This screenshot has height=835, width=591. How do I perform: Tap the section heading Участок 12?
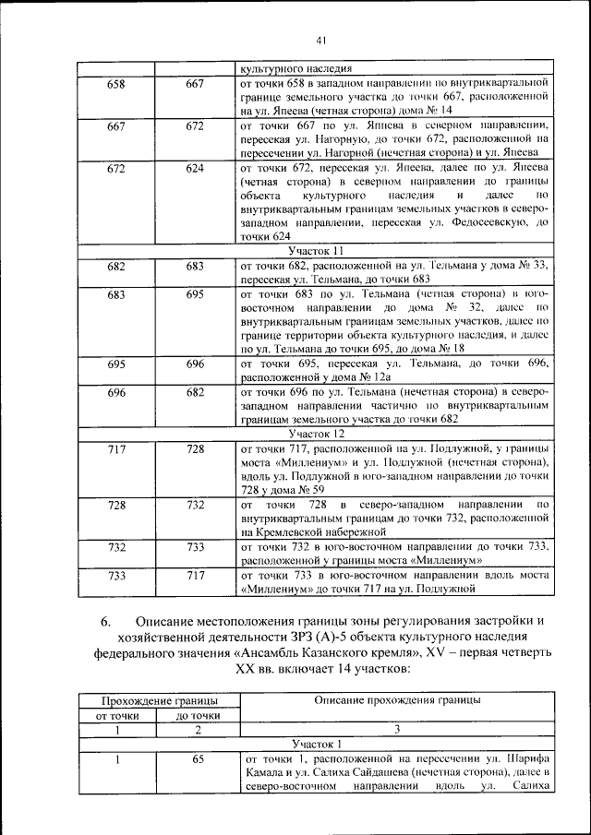click(x=316, y=433)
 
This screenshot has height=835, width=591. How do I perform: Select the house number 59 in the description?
click(x=319, y=489)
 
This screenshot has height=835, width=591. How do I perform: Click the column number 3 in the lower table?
click(x=396, y=729)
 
